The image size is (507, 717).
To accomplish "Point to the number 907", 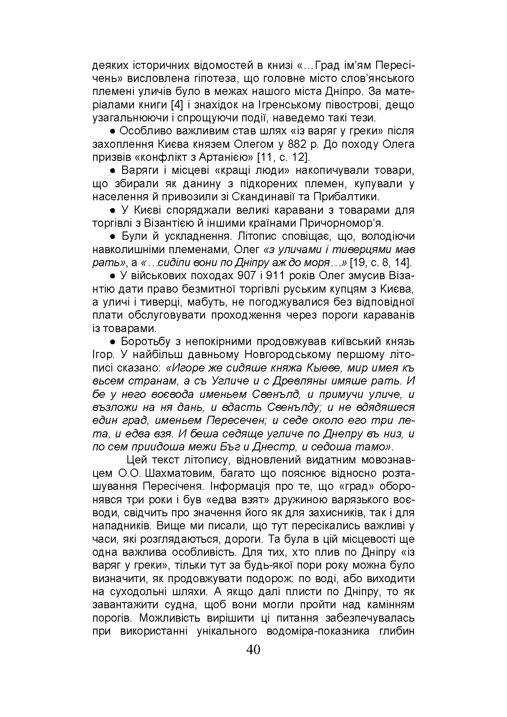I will point(248,276).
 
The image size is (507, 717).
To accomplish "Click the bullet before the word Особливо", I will point(112,131).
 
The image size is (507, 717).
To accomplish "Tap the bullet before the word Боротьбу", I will point(112,342).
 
